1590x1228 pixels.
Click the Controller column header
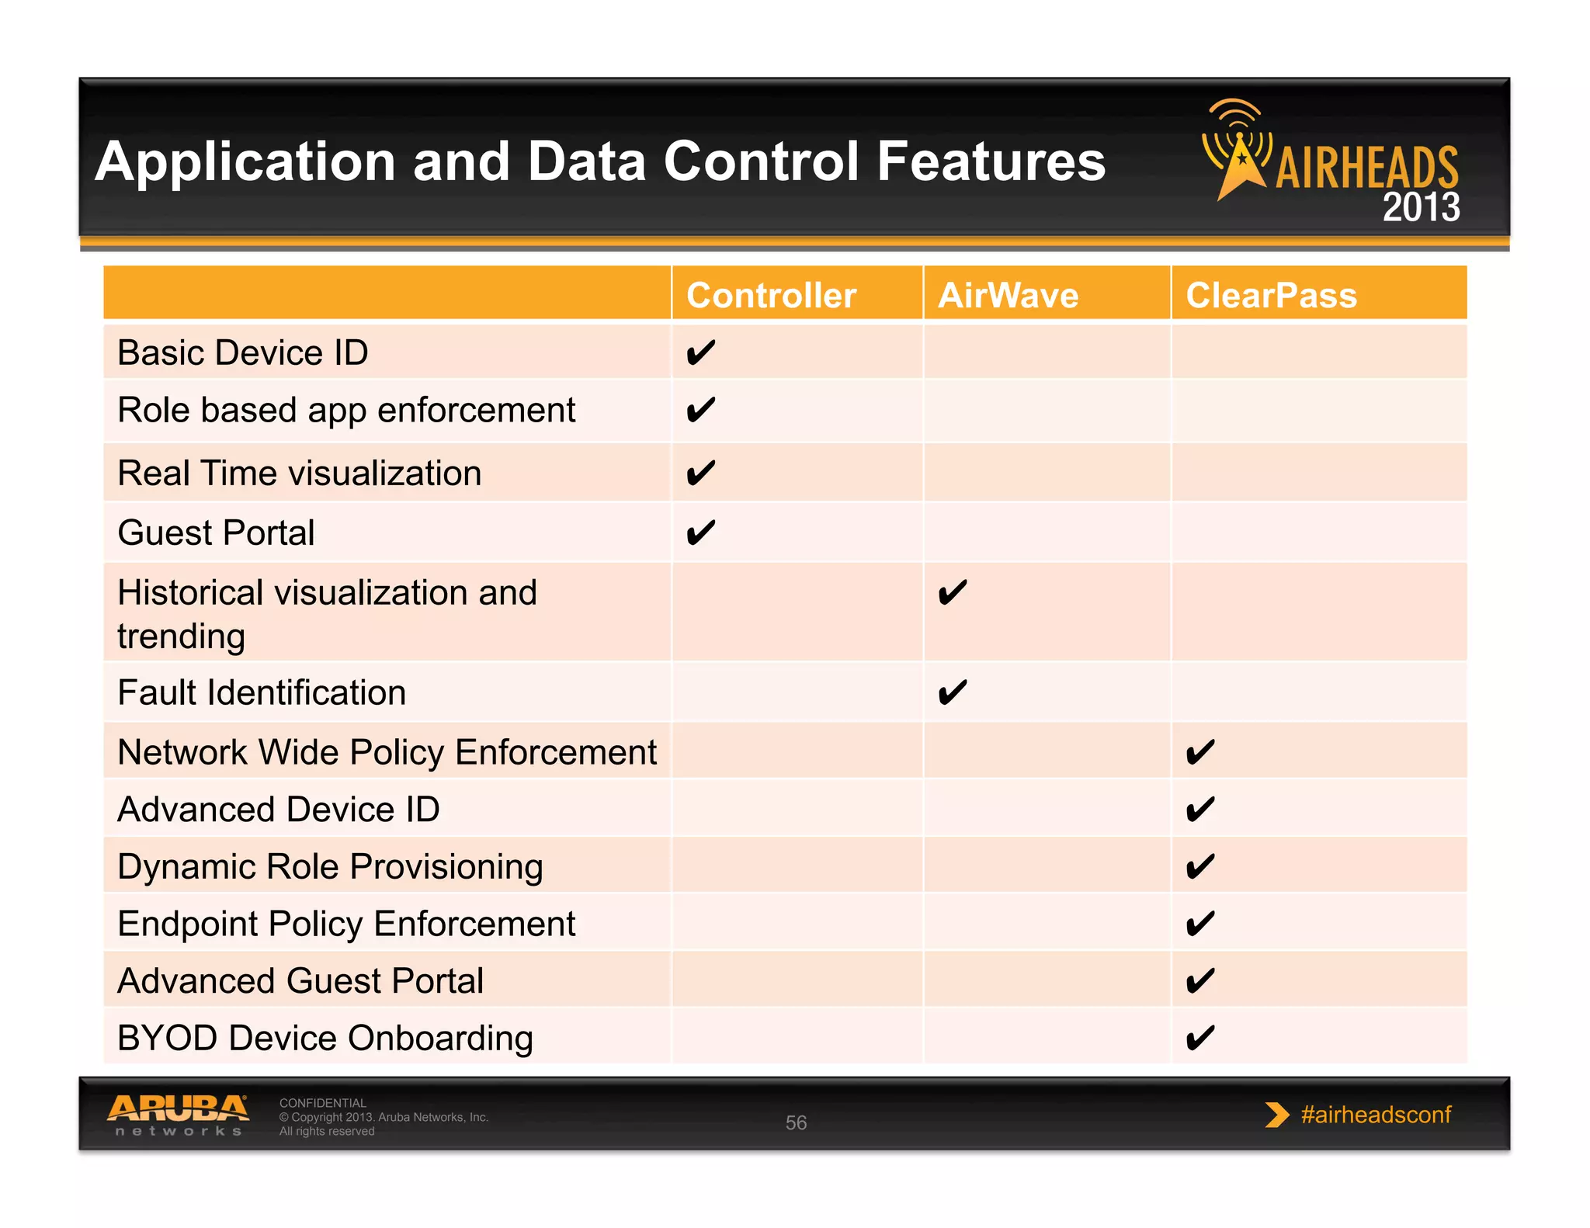coord(771,296)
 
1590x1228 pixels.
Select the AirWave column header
coord(1008,296)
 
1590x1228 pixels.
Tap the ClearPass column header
coord(1271,296)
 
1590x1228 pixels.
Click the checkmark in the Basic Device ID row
coord(700,353)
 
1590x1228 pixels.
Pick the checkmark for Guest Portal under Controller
coord(700,533)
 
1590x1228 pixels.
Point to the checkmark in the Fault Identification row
coord(952,692)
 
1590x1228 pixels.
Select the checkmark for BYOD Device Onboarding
coord(1199,1038)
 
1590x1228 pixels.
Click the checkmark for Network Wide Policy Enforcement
coord(1199,752)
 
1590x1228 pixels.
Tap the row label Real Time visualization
coord(300,474)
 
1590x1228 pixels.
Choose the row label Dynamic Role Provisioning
coord(330,867)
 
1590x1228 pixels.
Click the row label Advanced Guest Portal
coord(300,981)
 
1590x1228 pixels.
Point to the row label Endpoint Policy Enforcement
coord(346,924)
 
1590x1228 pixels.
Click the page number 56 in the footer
coord(796,1122)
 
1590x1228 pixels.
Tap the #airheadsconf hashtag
coord(1376,1115)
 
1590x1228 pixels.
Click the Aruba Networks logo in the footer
coord(178,1115)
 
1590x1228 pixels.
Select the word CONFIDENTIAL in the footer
coord(322,1103)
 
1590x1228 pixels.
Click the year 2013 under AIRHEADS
coord(1421,207)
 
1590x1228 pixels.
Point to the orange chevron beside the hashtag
coord(1276,1115)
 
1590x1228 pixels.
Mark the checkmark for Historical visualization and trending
coord(952,594)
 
